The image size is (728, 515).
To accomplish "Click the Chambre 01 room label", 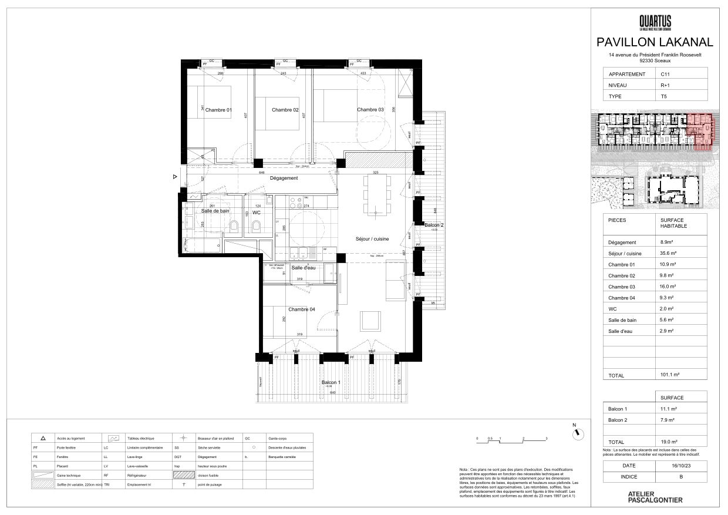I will (x=218, y=110).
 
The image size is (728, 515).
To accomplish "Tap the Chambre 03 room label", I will (x=370, y=110).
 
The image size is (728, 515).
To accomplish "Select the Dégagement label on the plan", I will (x=284, y=178).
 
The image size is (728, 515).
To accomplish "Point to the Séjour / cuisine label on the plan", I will (x=372, y=238).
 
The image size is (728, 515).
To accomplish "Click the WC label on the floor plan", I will (x=257, y=212).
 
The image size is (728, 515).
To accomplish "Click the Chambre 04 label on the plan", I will (x=302, y=309).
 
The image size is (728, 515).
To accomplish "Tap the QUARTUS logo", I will (x=655, y=23).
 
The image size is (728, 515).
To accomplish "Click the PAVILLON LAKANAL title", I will (x=655, y=42).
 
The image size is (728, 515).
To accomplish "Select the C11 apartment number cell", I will (x=665, y=75).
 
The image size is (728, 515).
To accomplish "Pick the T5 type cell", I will (x=664, y=96).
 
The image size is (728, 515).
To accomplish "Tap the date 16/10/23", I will (x=680, y=466).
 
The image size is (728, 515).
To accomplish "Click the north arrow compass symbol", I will (x=578, y=433).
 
